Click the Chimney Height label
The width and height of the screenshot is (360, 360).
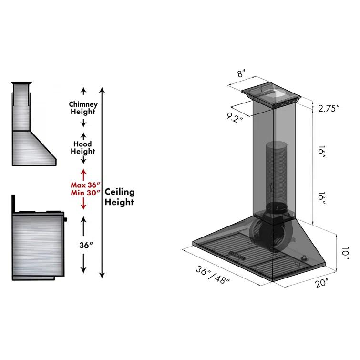click(x=83, y=108)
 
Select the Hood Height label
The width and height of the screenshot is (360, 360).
click(x=83, y=147)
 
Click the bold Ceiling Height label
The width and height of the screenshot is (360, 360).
click(x=120, y=196)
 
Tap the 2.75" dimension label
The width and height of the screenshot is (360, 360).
click(x=329, y=108)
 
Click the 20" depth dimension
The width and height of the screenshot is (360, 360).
click(x=321, y=284)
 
